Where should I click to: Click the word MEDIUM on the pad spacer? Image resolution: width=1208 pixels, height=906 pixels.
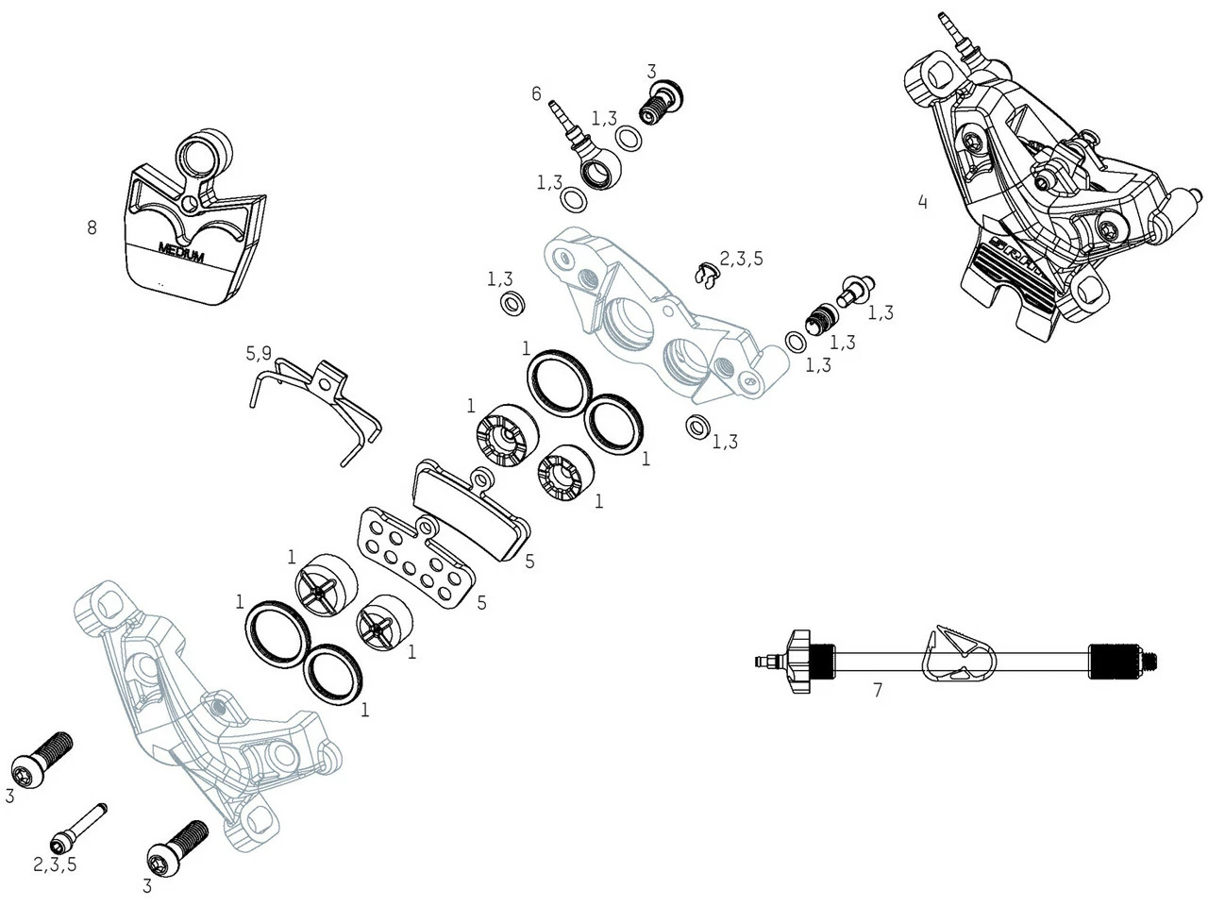click(181, 253)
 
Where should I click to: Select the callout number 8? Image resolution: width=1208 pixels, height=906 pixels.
click(92, 227)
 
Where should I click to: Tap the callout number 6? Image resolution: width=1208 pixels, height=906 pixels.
click(536, 93)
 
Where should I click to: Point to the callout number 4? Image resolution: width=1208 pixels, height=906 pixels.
click(922, 202)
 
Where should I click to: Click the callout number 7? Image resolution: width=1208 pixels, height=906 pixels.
click(878, 690)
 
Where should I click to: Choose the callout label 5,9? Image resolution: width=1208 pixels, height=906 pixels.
click(259, 354)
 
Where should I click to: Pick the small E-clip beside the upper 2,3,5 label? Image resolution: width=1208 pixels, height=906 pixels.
click(703, 275)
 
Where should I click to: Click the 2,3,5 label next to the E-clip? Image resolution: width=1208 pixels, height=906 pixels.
click(741, 259)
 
